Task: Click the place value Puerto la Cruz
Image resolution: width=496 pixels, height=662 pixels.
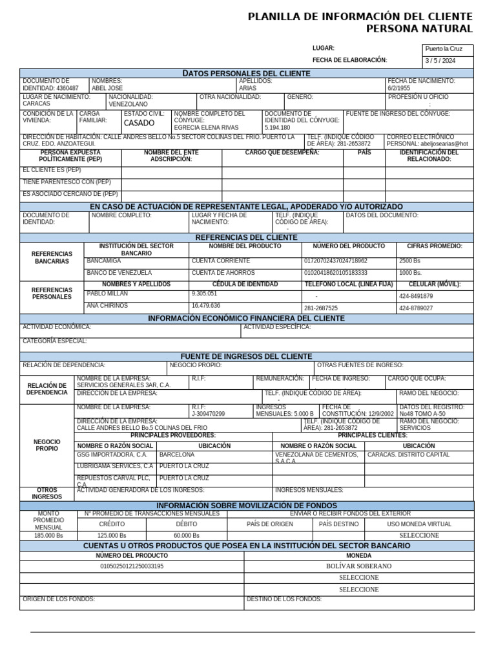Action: pos(444,49)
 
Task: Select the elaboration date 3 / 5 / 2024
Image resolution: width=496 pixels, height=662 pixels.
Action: pos(440,61)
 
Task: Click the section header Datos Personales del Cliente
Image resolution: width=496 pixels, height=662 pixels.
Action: pos(246,73)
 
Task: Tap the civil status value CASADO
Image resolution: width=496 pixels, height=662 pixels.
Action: pos(139,123)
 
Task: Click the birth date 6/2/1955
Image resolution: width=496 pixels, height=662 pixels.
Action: pos(398,88)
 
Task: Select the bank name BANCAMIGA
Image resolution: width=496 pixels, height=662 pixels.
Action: pos(104,261)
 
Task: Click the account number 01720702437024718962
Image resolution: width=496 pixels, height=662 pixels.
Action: pos(335,261)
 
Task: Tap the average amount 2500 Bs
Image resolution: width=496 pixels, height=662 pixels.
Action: pos(409,261)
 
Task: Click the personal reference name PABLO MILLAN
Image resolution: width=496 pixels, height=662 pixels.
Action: pos(107,294)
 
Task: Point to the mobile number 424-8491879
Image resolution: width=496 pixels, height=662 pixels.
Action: pos(416,296)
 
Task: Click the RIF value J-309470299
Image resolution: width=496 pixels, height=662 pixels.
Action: pos(208,414)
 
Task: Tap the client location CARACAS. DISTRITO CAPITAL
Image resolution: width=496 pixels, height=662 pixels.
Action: pos(408,454)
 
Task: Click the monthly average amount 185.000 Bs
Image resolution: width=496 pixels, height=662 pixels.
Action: pos(48,535)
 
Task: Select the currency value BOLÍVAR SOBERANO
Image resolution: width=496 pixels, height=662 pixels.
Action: pos(358,566)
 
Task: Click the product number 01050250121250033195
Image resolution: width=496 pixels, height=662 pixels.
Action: pos(132,566)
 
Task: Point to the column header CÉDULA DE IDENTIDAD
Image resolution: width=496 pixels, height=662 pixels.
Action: pos(245,284)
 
